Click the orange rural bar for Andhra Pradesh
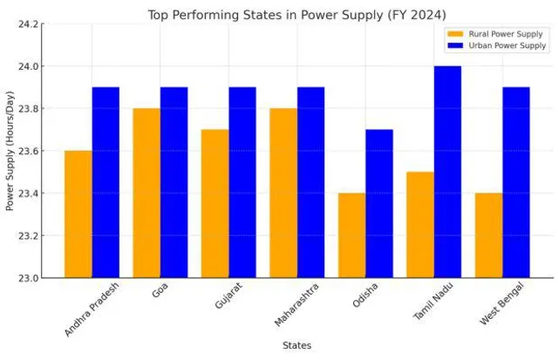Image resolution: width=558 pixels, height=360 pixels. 78,214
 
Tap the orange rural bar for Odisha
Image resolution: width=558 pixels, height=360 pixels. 351,235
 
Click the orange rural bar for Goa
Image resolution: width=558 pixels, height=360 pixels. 146,193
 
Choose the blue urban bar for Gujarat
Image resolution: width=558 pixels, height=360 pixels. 242,182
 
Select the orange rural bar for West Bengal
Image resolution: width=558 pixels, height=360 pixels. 488,235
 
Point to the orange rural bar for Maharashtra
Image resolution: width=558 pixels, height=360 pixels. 283,193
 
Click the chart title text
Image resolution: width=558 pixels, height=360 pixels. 296,14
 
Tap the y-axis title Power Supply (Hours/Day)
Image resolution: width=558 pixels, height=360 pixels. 10,151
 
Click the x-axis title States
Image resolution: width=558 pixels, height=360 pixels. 296,346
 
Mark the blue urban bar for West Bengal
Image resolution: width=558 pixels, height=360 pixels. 516,182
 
